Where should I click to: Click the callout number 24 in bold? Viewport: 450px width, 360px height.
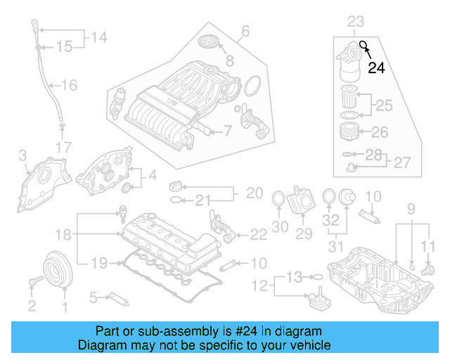(377, 67)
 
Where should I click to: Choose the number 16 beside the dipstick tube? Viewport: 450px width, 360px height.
(68, 86)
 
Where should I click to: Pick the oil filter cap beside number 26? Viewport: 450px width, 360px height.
(347, 131)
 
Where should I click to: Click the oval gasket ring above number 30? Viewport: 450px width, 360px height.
(279, 198)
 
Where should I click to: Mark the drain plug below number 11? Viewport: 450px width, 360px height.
(425, 269)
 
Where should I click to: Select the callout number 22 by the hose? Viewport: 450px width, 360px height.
(258, 234)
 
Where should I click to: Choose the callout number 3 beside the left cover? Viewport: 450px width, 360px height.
(22, 155)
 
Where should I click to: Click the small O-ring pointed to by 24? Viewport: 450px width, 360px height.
(364, 46)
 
